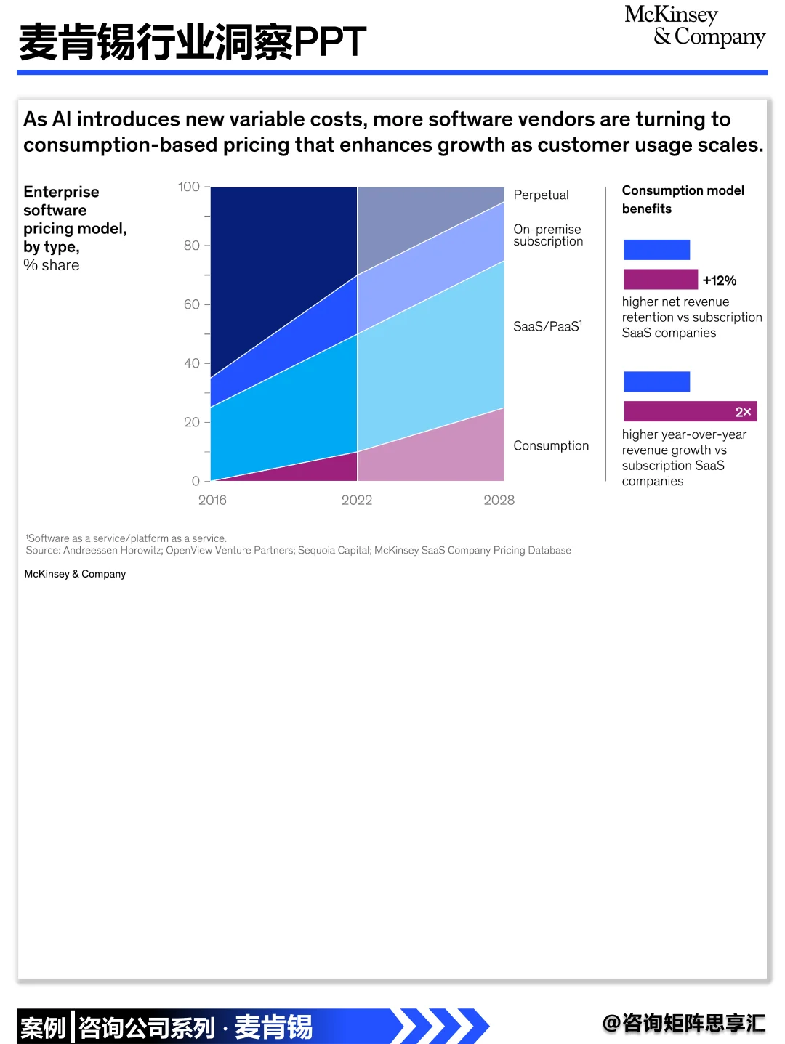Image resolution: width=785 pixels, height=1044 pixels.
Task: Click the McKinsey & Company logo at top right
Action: [694, 26]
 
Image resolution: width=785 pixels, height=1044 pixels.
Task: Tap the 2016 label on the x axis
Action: [212, 500]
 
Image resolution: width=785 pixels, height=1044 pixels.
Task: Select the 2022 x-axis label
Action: [357, 500]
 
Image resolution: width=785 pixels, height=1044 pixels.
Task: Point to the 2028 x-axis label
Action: [499, 500]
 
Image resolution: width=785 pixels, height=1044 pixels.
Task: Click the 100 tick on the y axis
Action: [189, 187]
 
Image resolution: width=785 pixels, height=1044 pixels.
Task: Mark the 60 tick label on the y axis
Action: [192, 304]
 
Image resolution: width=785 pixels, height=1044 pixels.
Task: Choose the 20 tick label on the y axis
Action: [192, 422]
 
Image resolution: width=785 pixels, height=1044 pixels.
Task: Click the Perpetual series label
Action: [541, 195]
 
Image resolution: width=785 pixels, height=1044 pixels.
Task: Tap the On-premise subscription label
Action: [548, 235]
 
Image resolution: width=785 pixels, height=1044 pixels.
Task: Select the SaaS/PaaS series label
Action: [547, 326]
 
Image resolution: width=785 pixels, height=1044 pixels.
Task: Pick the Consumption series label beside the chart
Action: [551, 445]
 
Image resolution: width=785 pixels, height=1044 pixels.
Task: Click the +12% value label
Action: [720, 280]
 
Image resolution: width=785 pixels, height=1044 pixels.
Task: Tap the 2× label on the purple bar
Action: [743, 412]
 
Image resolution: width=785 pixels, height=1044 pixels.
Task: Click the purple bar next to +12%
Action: [660, 280]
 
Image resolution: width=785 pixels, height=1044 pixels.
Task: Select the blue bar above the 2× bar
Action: [656, 381]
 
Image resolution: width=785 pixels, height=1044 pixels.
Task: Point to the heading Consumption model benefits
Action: [683, 199]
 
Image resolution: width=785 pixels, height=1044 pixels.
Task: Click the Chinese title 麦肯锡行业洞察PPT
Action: [193, 42]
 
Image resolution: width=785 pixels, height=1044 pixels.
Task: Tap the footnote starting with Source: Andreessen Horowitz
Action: [298, 550]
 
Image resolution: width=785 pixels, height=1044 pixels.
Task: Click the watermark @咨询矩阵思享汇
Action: [684, 1023]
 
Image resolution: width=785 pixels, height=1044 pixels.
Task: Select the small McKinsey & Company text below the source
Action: [75, 574]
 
